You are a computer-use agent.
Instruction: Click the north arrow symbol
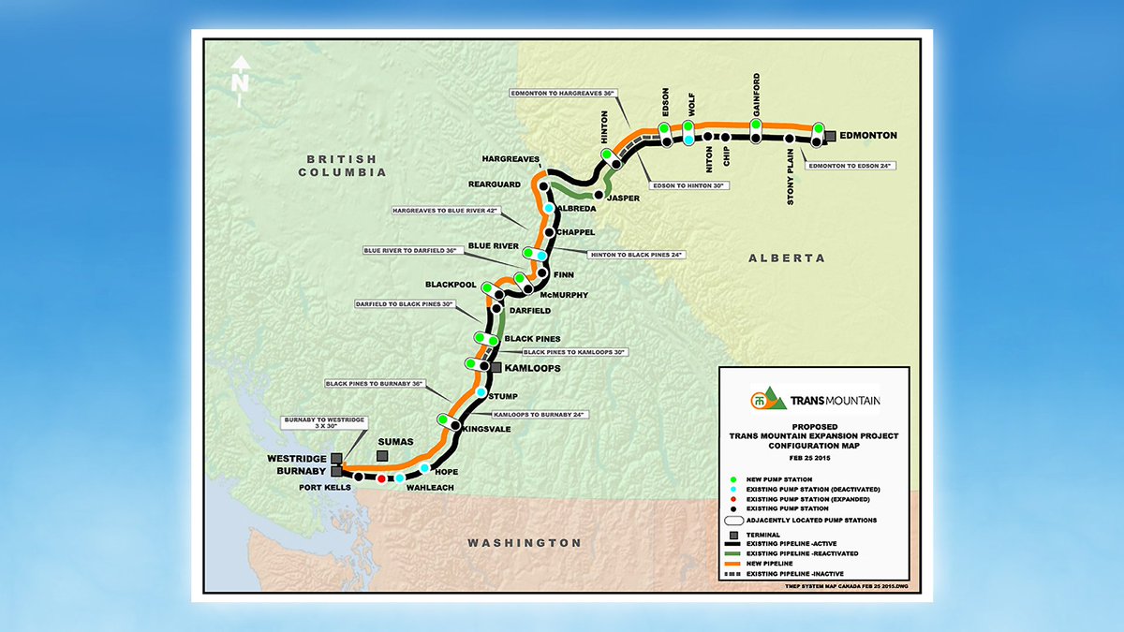point(241,72)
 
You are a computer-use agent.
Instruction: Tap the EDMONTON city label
point(868,136)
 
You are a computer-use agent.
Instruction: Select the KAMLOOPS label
point(532,369)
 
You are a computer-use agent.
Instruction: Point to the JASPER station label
point(623,198)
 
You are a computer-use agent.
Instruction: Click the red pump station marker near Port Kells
point(381,478)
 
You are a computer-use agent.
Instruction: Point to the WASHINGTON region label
point(525,543)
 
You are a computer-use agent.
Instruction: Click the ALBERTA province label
point(787,258)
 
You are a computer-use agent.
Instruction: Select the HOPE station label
point(446,472)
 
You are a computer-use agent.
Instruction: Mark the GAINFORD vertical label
point(756,95)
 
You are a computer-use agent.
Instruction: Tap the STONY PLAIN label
point(791,184)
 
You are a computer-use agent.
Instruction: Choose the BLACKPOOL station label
point(451,284)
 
